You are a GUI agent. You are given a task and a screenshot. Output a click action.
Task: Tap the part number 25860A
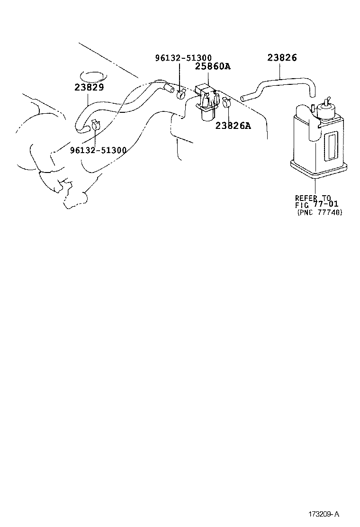(x=213, y=67)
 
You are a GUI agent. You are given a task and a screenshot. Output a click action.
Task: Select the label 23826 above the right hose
(x=282, y=58)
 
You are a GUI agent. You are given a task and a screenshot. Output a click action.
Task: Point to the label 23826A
(x=233, y=126)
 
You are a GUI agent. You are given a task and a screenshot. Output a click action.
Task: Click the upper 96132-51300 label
(x=183, y=58)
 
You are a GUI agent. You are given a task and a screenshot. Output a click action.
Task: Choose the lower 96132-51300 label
(x=98, y=150)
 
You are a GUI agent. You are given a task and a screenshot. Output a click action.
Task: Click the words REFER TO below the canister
(x=313, y=198)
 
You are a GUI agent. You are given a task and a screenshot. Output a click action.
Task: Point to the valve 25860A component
(x=206, y=102)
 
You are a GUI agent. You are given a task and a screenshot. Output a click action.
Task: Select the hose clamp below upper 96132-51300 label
(x=181, y=94)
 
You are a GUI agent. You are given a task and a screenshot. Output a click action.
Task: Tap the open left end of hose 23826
(x=243, y=99)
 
